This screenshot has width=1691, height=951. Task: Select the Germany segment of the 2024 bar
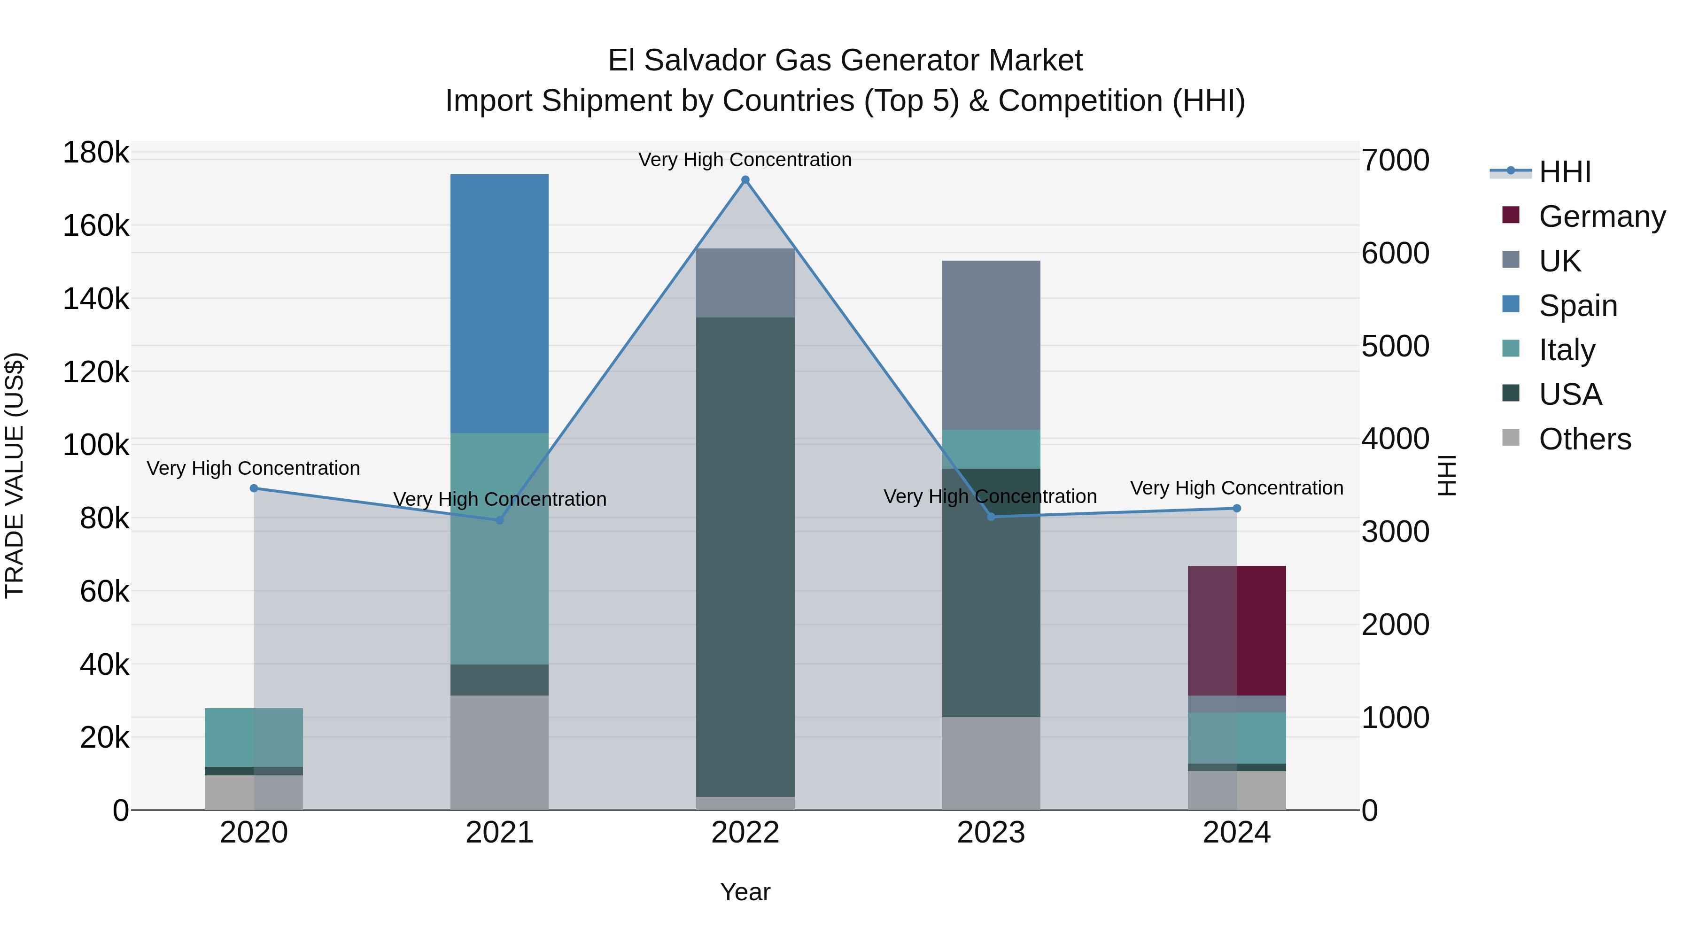click(x=1237, y=630)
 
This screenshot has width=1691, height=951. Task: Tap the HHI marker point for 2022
click(x=745, y=180)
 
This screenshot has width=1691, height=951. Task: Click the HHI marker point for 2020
click(x=254, y=488)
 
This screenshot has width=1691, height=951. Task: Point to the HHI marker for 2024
click(x=1237, y=508)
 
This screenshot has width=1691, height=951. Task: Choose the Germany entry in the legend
click(x=1602, y=216)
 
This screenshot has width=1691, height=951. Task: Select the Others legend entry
click(x=1585, y=439)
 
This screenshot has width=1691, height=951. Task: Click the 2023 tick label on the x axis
click(x=991, y=833)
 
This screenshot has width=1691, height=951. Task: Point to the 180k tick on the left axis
click(x=96, y=153)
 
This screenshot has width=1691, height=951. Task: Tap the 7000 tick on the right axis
click(x=1395, y=160)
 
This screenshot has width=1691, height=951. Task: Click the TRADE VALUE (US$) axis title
click(x=15, y=475)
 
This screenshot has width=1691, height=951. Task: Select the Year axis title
click(x=745, y=892)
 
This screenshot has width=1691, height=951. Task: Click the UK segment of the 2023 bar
click(x=991, y=345)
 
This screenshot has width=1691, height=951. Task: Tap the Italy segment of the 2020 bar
click(x=254, y=737)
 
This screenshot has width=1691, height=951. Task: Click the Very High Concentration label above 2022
click(x=745, y=160)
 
